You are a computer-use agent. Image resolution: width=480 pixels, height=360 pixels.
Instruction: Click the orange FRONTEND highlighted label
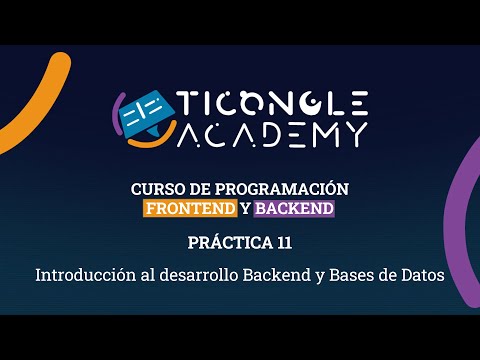click(190, 209)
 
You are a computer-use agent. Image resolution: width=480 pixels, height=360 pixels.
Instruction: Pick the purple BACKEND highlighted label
click(294, 209)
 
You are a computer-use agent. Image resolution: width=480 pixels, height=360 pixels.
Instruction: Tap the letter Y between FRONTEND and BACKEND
click(245, 209)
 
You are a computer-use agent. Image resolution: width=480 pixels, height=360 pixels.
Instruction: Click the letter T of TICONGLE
click(189, 103)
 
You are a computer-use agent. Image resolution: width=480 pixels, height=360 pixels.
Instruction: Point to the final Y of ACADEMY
click(355, 133)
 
